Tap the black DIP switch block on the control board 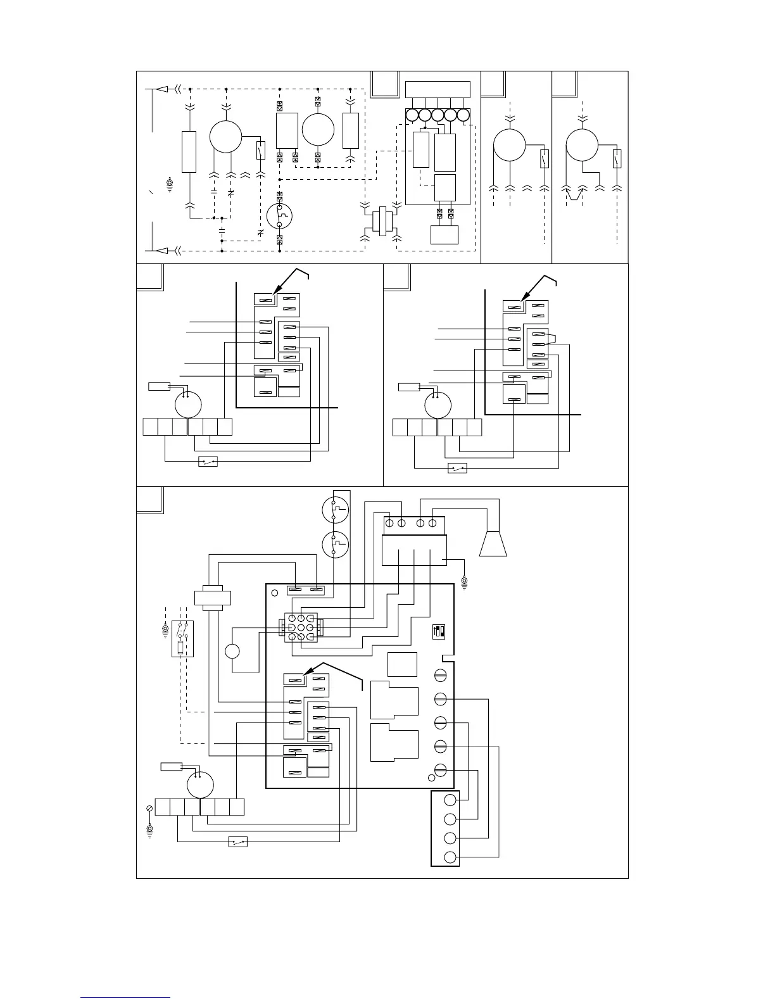pos(436,631)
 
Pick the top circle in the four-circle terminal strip pos(450,798)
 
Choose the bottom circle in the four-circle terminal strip pos(450,858)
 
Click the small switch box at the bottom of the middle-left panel pos(208,462)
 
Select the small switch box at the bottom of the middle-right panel pos(457,469)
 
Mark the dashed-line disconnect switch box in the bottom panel pos(182,639)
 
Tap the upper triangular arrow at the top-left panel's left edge pos(163,89)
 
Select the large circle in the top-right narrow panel pos(582,145)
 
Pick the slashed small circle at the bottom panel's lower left pos(150,808)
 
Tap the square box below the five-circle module pos(444,234)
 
